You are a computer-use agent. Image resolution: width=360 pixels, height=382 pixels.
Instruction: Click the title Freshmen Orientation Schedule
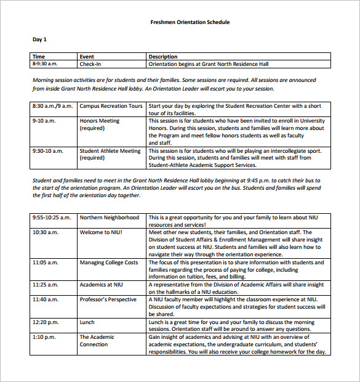pos(190,22)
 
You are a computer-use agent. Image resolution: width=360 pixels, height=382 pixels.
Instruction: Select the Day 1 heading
pos(39,39)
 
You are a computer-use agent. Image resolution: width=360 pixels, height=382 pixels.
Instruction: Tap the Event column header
pos(87,57)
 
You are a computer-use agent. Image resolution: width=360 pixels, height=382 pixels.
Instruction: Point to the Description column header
pos(163,57)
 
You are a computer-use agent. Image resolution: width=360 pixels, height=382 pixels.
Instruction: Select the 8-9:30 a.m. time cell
pos(45,64)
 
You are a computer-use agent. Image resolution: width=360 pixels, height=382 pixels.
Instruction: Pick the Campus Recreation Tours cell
pos(111,106)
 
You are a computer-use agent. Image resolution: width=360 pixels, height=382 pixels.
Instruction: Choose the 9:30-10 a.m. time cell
pos(47,150)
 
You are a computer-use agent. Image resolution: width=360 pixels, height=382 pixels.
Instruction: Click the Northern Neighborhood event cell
pos(109,217)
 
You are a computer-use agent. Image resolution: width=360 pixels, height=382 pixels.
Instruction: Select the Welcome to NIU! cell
pos(101,232)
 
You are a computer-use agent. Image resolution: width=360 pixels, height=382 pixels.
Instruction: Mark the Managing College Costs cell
pos(108,262)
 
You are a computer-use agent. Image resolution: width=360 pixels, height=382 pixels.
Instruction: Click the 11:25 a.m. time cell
pos(45,285)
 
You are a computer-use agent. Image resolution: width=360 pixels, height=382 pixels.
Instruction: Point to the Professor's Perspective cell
pos(108,299)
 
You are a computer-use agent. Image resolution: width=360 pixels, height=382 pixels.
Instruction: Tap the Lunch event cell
pos(87,322)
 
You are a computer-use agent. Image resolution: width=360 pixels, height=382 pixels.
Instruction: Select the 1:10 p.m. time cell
pos(44,337)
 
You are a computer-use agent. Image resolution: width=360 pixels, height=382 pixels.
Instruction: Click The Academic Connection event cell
pos(97,341)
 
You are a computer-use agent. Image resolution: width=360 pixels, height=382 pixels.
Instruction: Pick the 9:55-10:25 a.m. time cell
pos(52,217)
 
